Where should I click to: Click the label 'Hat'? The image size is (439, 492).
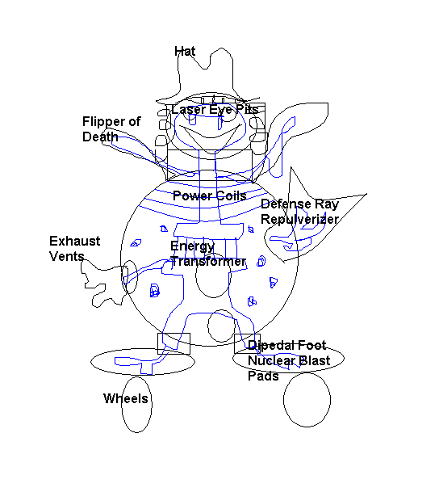pos(185,51)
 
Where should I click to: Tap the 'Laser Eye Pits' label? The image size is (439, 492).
pos(215,110)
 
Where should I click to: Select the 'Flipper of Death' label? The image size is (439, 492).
pos(111,129)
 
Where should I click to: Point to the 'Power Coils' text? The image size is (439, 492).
pos(209,196)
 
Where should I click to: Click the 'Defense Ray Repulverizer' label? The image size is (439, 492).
pos(300,212)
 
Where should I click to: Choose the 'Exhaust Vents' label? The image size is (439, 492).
pos(74,249)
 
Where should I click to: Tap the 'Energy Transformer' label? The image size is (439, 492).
pos(208,254)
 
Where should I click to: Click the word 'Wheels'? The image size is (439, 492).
pos(126,398)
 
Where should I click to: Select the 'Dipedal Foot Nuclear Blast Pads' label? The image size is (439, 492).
pos(289,360)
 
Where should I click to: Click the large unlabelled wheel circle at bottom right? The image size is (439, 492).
pos(307,400)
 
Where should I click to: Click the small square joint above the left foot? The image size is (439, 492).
pos(174,334)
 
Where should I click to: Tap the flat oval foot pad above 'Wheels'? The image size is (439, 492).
pos(143,349)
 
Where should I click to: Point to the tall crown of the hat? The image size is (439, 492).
pos(233,72)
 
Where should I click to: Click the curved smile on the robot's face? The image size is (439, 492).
pos(209,137)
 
